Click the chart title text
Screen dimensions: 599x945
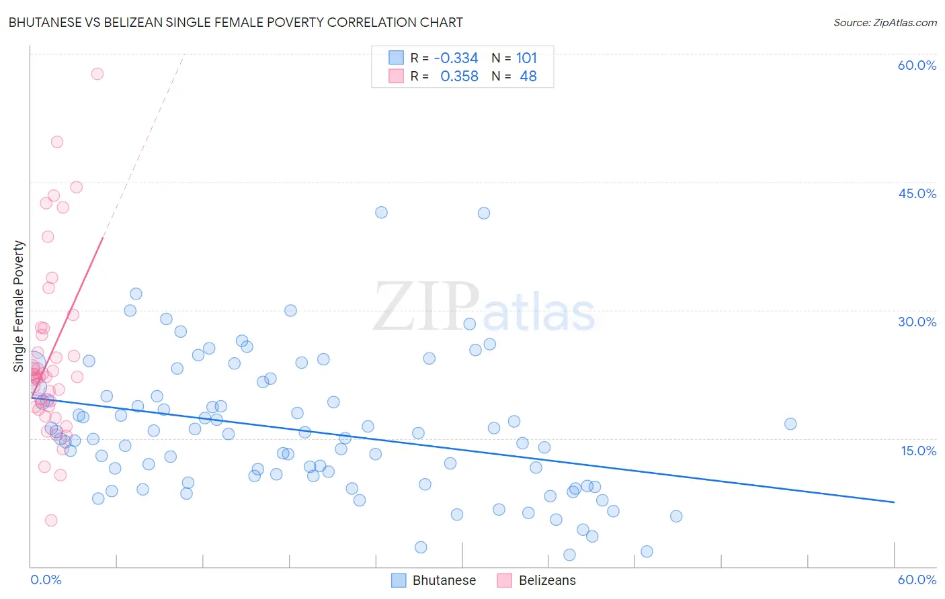[x=235, y=22]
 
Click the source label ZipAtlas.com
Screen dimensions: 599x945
[x=885, y=22]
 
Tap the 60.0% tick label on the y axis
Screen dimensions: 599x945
[x=917, y=65]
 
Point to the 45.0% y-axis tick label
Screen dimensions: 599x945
[x=917, y=193]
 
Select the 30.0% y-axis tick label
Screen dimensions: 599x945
[x=917, y=322]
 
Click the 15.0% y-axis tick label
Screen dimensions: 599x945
[x=918, y=451]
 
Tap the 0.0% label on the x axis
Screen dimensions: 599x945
[x=46, y=580]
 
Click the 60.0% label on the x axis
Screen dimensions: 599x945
[x=917, y=580]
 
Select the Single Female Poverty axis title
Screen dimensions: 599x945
[x=19, y=306]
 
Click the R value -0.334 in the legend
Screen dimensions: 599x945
[x=456, y=58]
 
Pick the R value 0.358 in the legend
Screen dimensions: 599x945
[x=459, y=77]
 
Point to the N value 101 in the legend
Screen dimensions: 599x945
[x=526, y=58]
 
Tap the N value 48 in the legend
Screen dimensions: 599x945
[x=528, y=77]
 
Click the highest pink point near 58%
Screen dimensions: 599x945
[x=97, y=74]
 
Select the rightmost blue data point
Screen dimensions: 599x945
[x=790, y=424]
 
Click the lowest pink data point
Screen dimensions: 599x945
[x=51, y=520]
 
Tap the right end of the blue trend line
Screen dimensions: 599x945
[x=894, y=502]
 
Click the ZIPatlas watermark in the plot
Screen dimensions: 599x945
[x=484, y=308]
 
